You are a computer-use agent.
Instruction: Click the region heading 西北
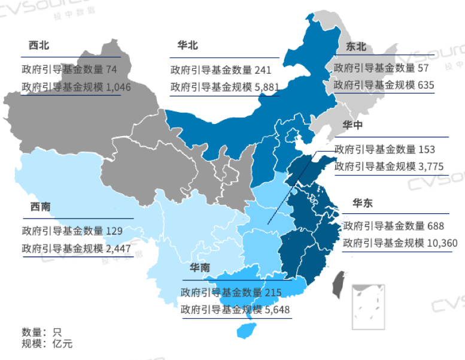tap(38, 46)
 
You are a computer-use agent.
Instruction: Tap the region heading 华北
tap(187, 46)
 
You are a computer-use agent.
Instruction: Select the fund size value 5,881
tap(267, 87)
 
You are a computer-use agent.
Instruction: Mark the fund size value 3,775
tap(431, 167)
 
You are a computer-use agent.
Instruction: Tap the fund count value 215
tap(272, 292)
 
